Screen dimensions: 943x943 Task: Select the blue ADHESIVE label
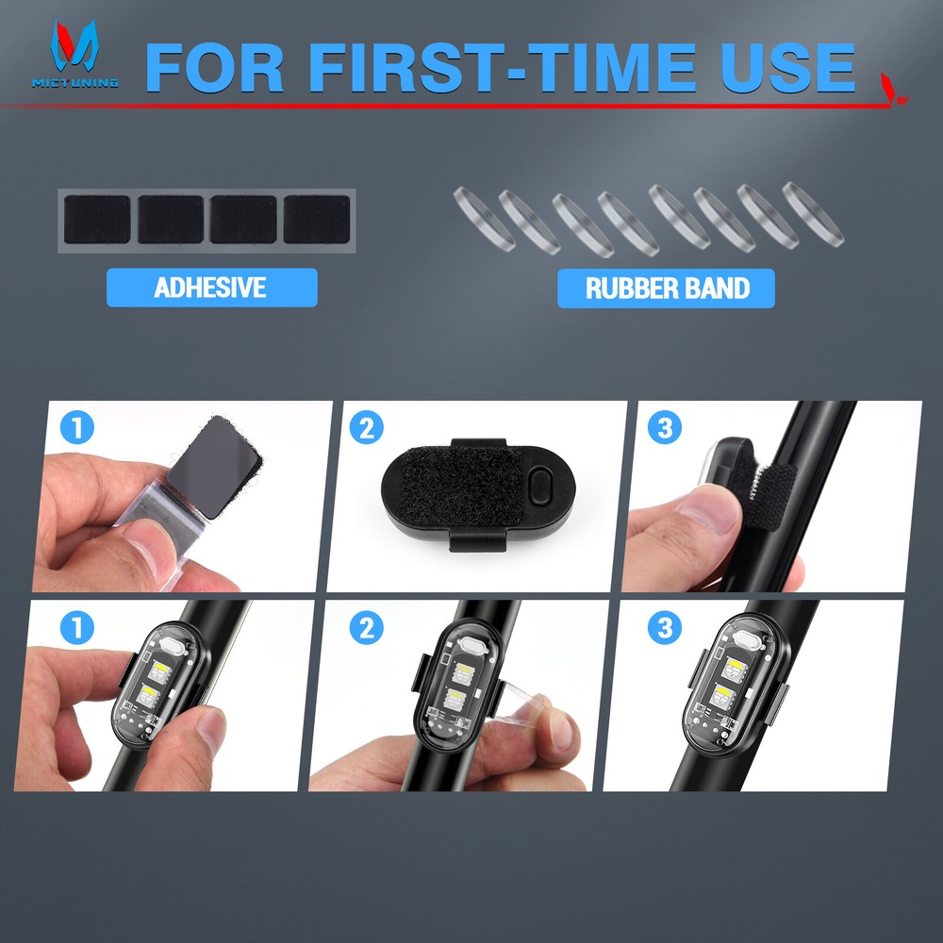[211, 288]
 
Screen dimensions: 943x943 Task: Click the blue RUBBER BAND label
[666, 288]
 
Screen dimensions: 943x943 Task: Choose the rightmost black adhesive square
[317, 220]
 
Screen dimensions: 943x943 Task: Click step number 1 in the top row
[77, 429]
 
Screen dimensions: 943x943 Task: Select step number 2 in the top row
[367, 429]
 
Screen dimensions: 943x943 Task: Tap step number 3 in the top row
[665, 429]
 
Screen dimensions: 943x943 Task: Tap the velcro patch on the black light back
[456, 495]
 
